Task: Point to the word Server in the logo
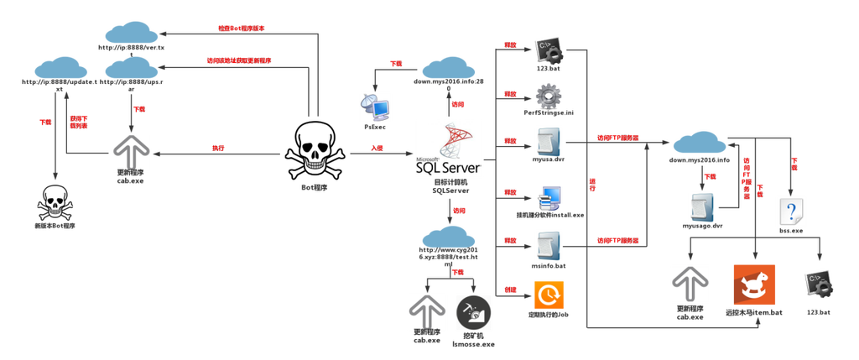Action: [463, 167]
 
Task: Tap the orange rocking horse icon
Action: [754, 285]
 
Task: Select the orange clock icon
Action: [549, 295]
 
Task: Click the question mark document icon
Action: [791, 209]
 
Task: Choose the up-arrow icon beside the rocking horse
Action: [690, 284]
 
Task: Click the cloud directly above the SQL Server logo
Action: [450, 70]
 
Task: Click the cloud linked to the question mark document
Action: [700, 144]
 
